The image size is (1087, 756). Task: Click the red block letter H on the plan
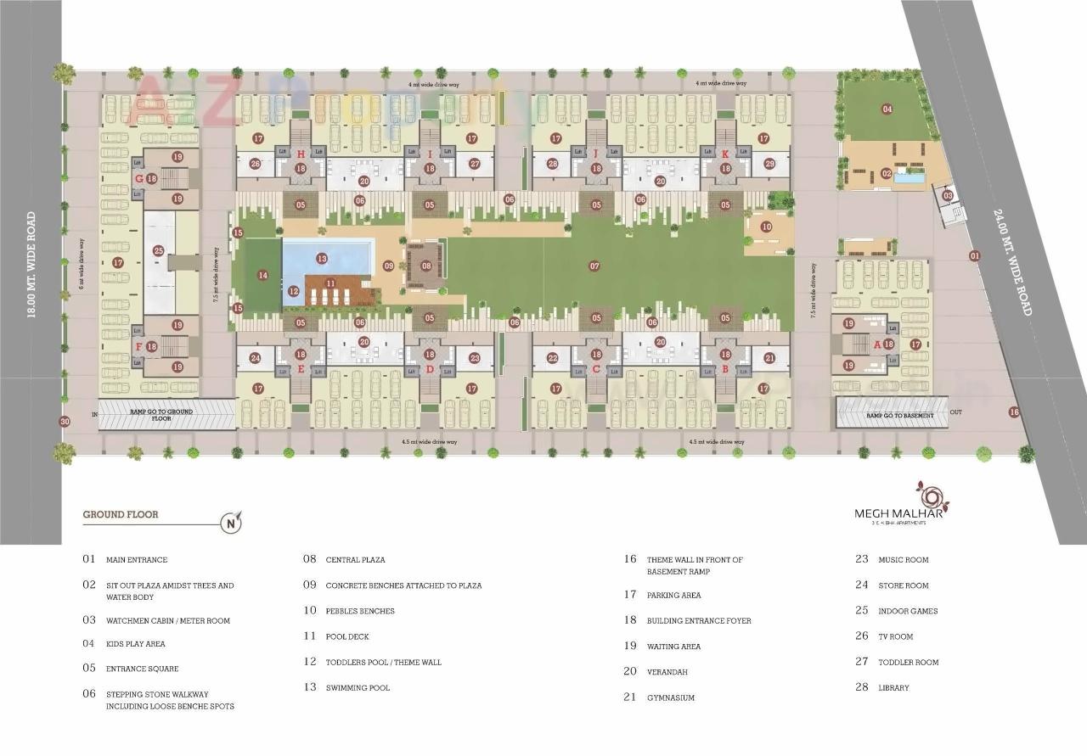[x=301, y=154]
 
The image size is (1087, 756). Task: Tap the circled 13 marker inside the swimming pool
[x=322, y=258]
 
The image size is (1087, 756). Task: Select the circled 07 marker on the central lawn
[x=594, y=266]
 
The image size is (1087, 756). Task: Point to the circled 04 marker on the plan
[x=887, y=109]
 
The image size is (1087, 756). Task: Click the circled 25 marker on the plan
[x=159, y=250]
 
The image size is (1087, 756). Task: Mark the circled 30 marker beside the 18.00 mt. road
[x=65, y=422]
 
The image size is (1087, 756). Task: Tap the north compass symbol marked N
[x=231, y=523]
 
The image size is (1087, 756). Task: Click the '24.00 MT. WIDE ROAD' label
[x=1012, y=264]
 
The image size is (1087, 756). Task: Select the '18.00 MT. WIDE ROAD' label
[x=31, y=265]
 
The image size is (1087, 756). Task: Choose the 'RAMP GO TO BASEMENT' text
[x=900, y=415]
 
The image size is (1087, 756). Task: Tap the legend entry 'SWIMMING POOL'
[x=358, y=687]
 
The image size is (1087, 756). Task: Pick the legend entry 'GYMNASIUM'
[x=670, y=697]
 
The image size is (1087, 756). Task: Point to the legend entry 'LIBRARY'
[x=893, y=687]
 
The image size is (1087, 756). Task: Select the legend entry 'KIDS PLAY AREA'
[x=135, y=644]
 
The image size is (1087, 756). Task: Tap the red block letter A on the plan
[x=877, y=344]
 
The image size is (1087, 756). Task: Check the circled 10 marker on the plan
[x=766, y=227]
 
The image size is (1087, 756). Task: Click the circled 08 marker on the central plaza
[x=426, y=266]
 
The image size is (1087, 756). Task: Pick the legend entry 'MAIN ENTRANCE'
[x=136, y=560]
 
